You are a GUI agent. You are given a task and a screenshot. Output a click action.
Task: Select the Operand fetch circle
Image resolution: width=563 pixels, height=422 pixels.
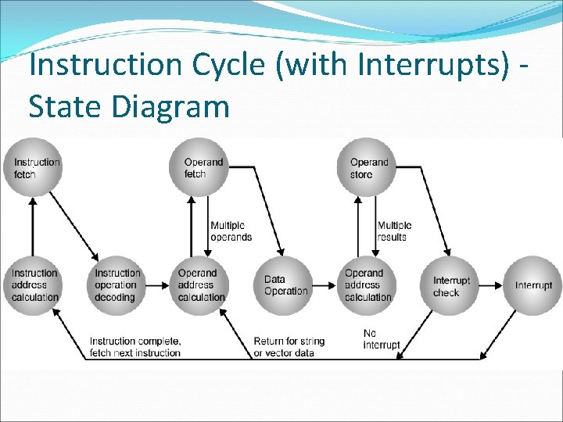(199, 167)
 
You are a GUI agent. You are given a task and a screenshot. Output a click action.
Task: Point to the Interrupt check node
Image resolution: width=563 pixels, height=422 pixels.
(451, 285)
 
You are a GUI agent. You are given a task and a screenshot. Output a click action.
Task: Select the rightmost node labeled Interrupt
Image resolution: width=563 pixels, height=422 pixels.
(533, 285)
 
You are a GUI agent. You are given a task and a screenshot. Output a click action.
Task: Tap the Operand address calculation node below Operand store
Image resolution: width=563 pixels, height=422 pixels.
(368, 285)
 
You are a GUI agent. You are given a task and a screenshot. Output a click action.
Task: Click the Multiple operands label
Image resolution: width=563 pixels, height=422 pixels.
(231, 231)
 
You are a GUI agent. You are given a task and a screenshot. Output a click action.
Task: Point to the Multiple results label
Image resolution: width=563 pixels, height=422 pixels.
(394, 231)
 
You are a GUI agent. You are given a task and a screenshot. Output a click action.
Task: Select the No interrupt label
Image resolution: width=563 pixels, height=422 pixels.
(381, 339)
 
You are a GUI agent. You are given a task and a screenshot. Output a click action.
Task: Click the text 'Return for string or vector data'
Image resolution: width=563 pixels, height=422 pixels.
(289, 347)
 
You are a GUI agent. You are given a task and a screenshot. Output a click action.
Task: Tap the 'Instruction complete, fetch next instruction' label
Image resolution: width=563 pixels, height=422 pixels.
(135, 347)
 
